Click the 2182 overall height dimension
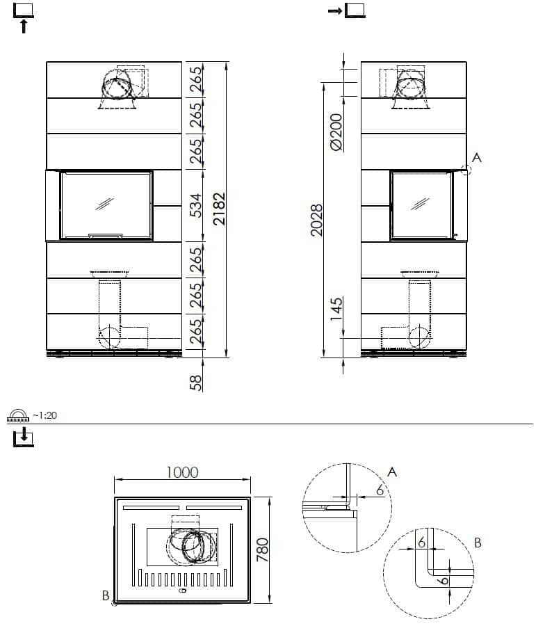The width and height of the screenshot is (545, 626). pos(220,209)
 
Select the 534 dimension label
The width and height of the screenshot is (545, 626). pos(195,206)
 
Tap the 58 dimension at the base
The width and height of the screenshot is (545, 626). pos(195,382)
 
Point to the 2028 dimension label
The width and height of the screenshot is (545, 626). pos(316,220)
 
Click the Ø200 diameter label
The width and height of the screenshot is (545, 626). pos(336,131)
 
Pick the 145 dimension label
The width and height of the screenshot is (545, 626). pos(336,309)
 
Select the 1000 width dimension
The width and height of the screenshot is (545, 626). pos(182,472)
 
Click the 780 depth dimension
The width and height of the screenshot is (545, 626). pos(262,549)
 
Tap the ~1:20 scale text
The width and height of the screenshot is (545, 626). pos(44,416)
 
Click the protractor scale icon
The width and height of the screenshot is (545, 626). pos(18,416)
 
